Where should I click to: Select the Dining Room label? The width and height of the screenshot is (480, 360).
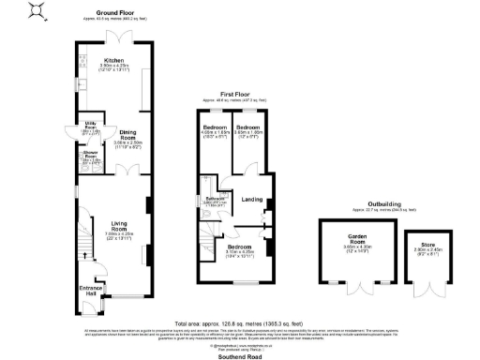(x=118, y=137)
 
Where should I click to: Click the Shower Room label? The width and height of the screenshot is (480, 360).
(x=92, y=155)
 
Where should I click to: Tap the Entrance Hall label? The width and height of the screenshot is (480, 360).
(x=89, y=290)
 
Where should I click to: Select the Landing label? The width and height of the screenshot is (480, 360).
(x=251, y=199)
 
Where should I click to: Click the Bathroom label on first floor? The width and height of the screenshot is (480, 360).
(x=217, y=200)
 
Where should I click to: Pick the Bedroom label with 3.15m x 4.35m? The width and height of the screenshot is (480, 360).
(x=241, y=247)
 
